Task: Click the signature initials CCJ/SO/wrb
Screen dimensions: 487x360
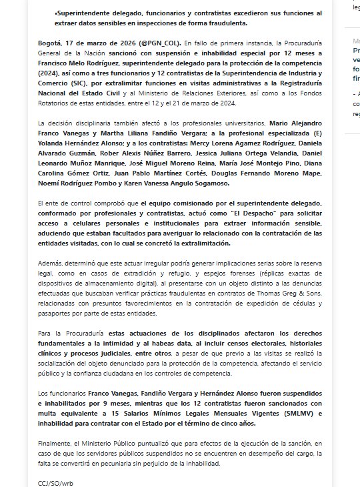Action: [55, 482]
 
